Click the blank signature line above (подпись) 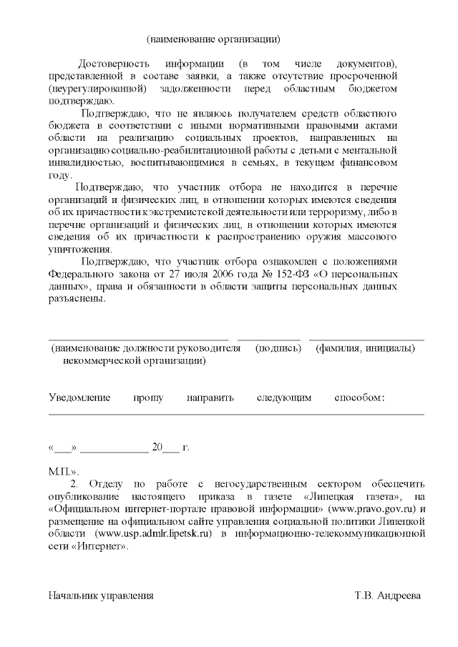tap(269, 338)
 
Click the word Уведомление tap(79, 397)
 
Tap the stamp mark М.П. tap(62, 472)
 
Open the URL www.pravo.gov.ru tap(372, 508)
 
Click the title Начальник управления tap(101, 595)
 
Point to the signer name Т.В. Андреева tap(388, 595)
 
